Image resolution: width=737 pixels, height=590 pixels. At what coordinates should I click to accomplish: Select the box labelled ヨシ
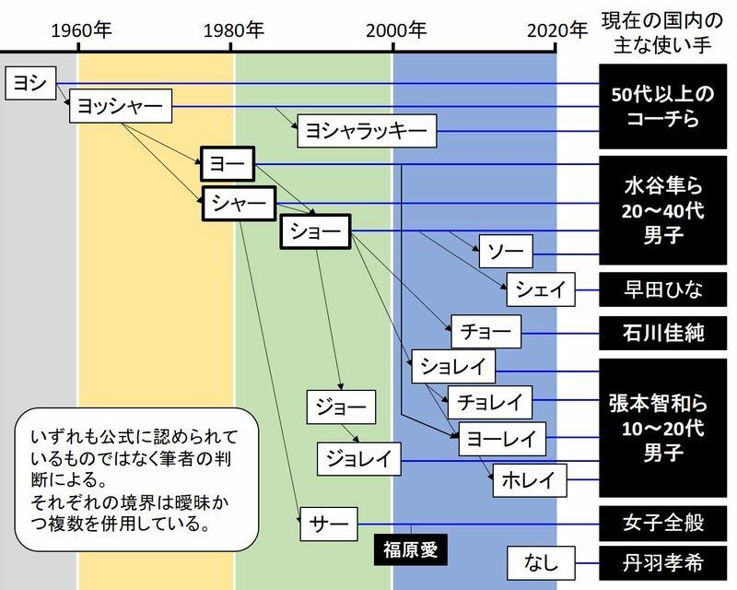coord(29,84)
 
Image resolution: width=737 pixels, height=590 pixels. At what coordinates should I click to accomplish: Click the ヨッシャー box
coord(121,107)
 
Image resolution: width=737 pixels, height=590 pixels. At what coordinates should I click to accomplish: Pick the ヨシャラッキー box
coord(366,132)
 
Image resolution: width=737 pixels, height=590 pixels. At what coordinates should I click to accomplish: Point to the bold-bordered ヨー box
coord(227,165)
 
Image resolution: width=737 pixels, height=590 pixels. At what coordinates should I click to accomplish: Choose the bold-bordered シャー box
coord(240,202)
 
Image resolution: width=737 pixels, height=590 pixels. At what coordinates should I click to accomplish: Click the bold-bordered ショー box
coord(316,232)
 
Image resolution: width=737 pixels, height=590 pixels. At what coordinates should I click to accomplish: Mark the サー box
coord(328,524)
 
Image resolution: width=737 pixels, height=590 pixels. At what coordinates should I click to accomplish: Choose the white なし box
coord(542,560)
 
